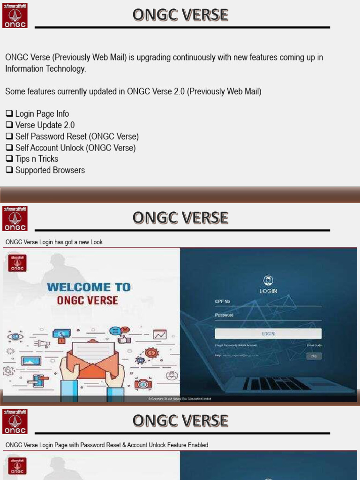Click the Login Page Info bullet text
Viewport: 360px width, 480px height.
[42, 114]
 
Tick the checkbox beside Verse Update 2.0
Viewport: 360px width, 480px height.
[9, 125]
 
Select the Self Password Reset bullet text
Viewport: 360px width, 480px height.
[77, 136]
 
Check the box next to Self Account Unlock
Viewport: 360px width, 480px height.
[9, 148]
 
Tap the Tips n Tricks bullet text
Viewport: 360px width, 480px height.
[37, 159]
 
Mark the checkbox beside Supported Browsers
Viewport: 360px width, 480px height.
[9, 170]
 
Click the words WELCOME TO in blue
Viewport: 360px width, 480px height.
[89, 287]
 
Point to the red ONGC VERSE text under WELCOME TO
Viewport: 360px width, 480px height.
[88, 300]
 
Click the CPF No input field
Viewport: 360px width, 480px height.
[268, 302]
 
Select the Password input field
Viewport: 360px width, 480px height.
[268, 315]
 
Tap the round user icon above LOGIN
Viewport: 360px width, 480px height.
[268, 281]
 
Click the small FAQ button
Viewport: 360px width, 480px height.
[314, 356]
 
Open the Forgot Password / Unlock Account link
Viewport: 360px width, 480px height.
[236, 345]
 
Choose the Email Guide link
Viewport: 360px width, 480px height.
[314, 345]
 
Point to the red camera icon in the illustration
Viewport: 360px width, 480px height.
[143, 384]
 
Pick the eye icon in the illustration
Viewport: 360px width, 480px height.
[15, 336]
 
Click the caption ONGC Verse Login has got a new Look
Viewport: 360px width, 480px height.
[54, 242]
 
